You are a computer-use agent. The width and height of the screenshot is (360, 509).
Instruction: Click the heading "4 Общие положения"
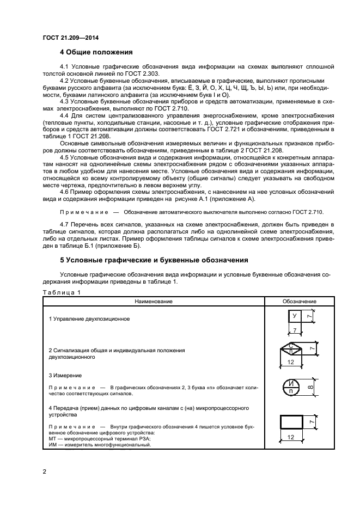tap(96, 52)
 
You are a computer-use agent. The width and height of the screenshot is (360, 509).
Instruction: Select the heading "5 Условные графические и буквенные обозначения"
tap(154, 260)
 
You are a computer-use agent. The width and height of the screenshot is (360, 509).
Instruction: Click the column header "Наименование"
tap(155, 301)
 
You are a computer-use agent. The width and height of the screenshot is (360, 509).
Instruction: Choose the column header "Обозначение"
tap(299, 301)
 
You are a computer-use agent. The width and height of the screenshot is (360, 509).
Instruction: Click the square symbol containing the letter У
tap(295, 316)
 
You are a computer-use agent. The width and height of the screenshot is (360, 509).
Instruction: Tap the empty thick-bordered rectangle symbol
tap(295, 422)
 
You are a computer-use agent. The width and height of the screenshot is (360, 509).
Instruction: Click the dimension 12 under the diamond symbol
tap(291, 362)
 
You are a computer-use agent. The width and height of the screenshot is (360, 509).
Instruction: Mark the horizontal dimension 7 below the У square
tap(295, 330)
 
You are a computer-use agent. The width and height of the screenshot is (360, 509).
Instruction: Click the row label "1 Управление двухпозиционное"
tap(89, 318)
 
